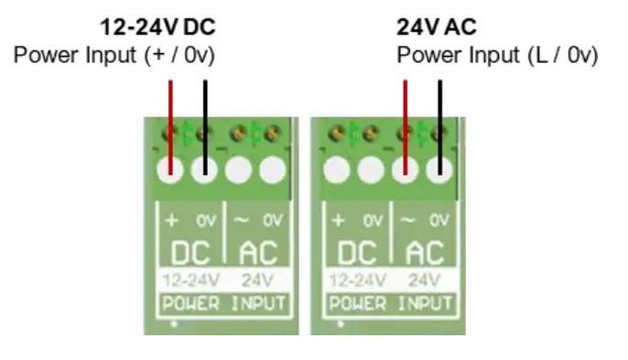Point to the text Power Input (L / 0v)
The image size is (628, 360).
pyautogui.click(x=497, y=56)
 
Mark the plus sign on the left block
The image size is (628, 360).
pyautogui.click(x=172, y=221)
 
